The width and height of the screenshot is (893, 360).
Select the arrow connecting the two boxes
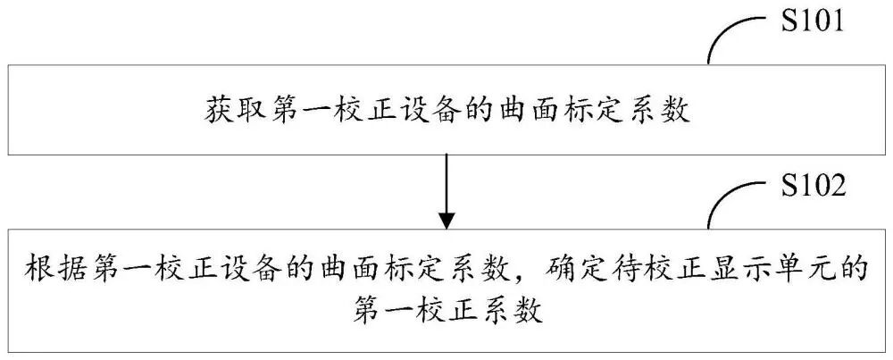pos(446,189)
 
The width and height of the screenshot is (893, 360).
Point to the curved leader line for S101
pos(732,36)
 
